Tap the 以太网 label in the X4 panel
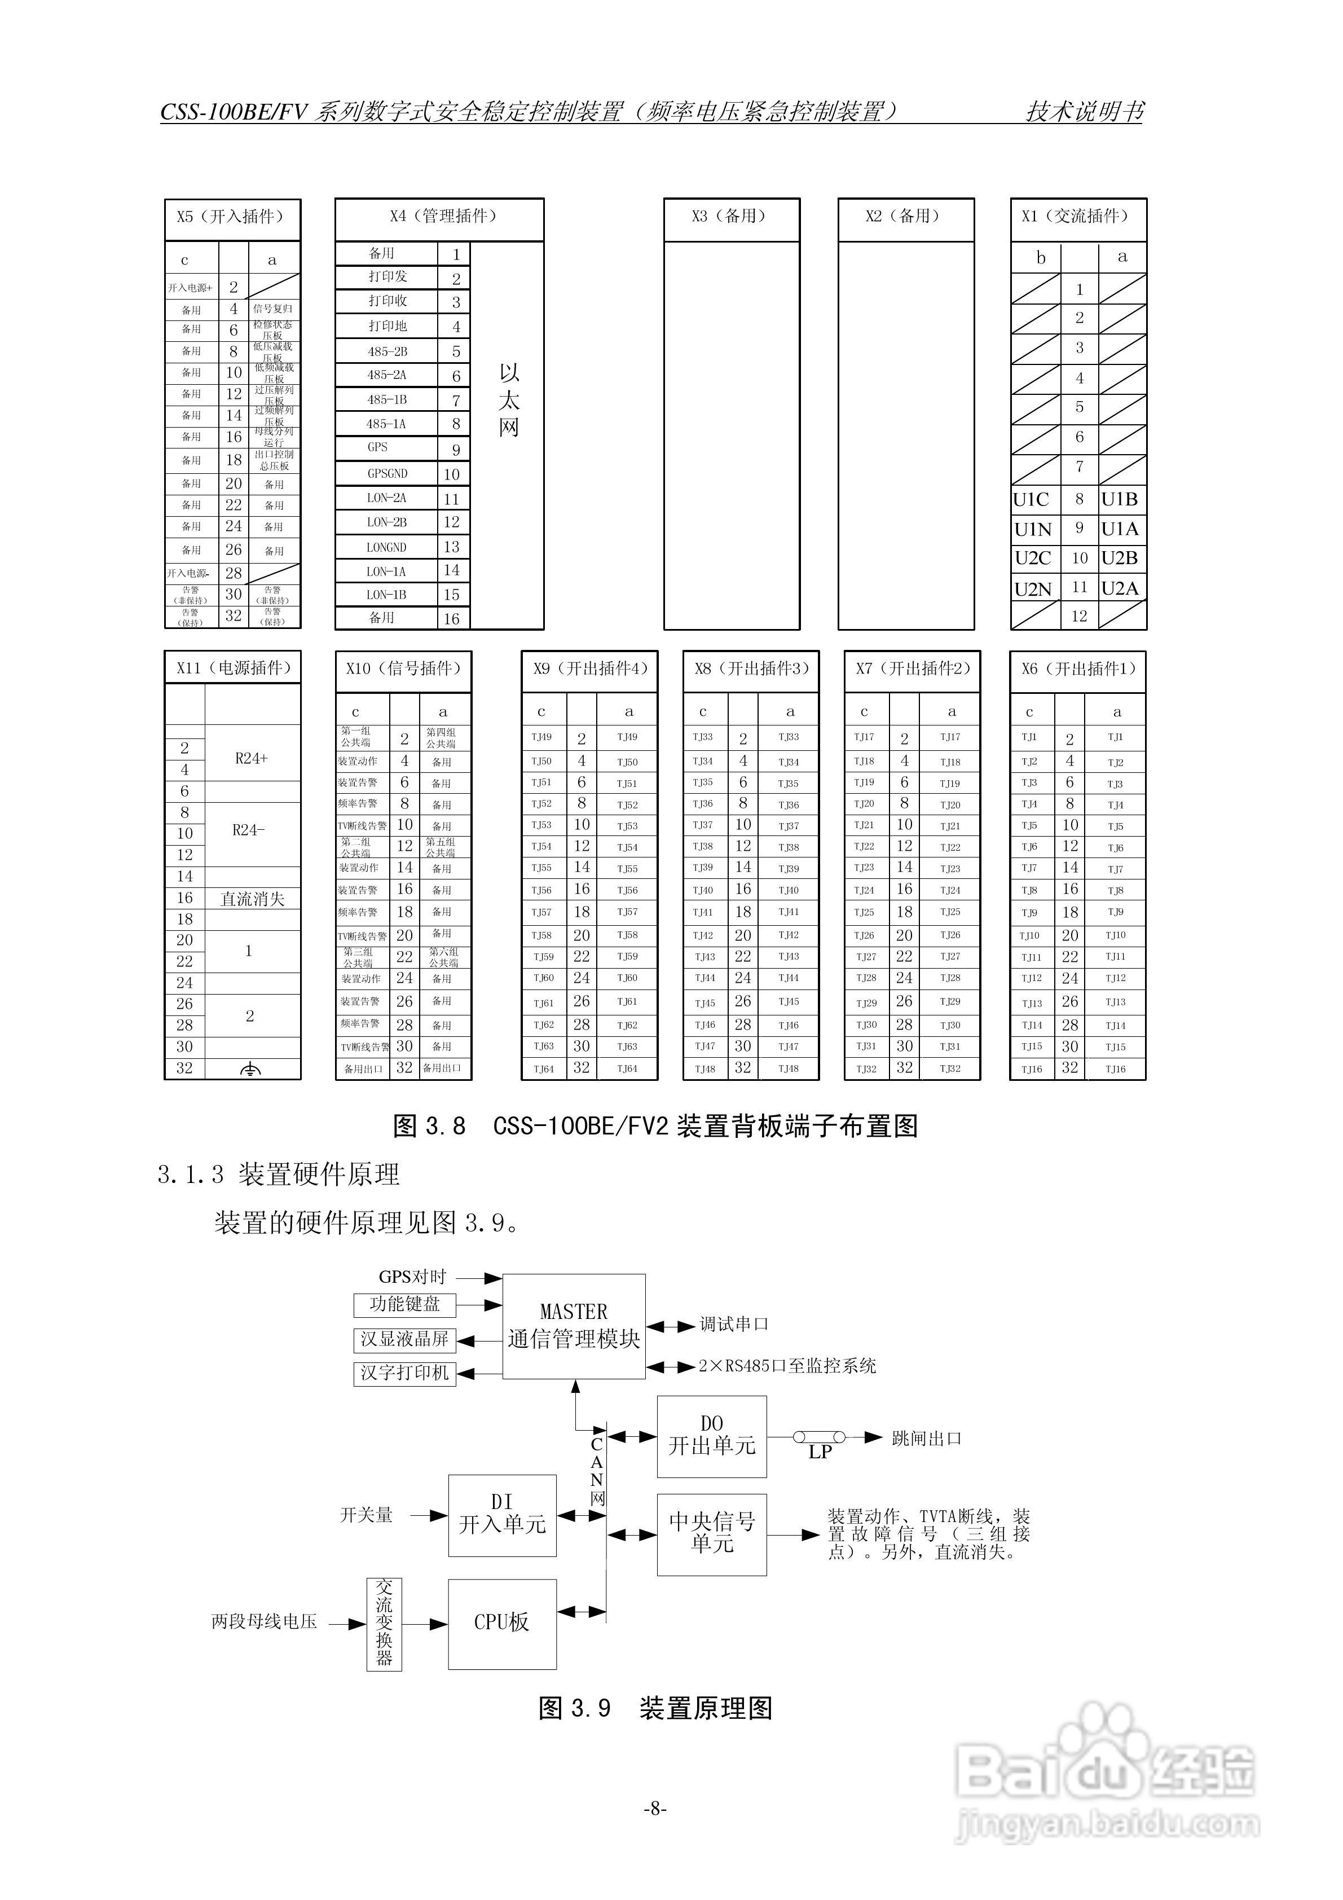(x=508, y=401)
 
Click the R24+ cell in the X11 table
(x=252, y=758)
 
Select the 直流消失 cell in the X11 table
(x=252, y=899)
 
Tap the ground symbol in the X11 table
(x=251, y=1069)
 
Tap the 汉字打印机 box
(x=404, y=1373)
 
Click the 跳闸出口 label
(x=927, y=1438)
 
